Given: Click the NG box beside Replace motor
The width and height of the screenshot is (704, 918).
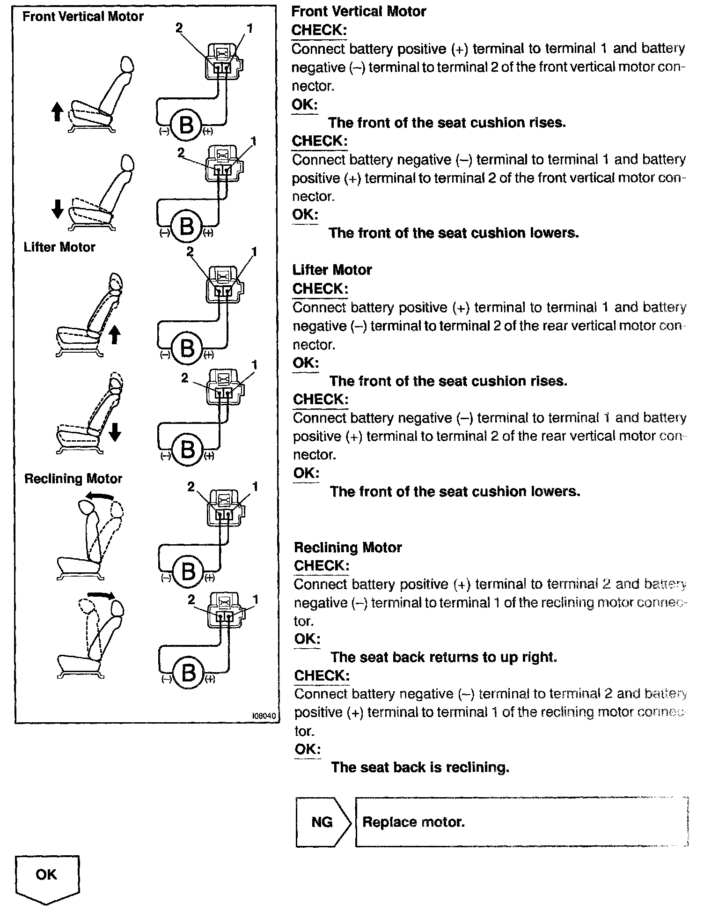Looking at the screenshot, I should click(x=322, y=822).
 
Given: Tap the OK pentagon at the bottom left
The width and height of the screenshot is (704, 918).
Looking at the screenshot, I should click(x=47, y=876).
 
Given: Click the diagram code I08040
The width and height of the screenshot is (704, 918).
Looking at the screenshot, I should click(x=264, y=716).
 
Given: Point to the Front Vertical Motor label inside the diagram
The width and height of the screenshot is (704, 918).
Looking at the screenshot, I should click(x=83, y=17).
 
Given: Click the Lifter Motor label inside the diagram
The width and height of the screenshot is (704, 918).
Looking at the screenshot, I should click(x=59, y=247).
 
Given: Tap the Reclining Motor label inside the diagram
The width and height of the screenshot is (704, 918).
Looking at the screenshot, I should click(x=73, y=479).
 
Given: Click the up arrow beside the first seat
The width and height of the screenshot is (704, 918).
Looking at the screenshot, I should click(x=57, y=112).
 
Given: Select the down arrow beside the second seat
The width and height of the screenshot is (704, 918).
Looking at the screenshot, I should click(x=57, y=208).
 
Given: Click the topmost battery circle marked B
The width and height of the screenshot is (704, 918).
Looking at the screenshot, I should click(x=186, y=125).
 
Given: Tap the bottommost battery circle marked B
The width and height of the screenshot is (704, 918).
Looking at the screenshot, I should click(x=188, y=673).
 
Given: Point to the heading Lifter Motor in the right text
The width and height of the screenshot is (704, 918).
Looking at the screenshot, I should click(x=332, y=270).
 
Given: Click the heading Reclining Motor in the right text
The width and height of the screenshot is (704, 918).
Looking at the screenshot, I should click(x=348, y=548).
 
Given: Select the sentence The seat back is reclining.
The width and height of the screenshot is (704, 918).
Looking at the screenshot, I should click(x=420, y=767).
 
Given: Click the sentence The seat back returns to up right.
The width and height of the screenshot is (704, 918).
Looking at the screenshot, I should click(x=444, y=657).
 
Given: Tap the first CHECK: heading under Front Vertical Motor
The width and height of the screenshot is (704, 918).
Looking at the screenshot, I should click(x=319, y=30).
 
